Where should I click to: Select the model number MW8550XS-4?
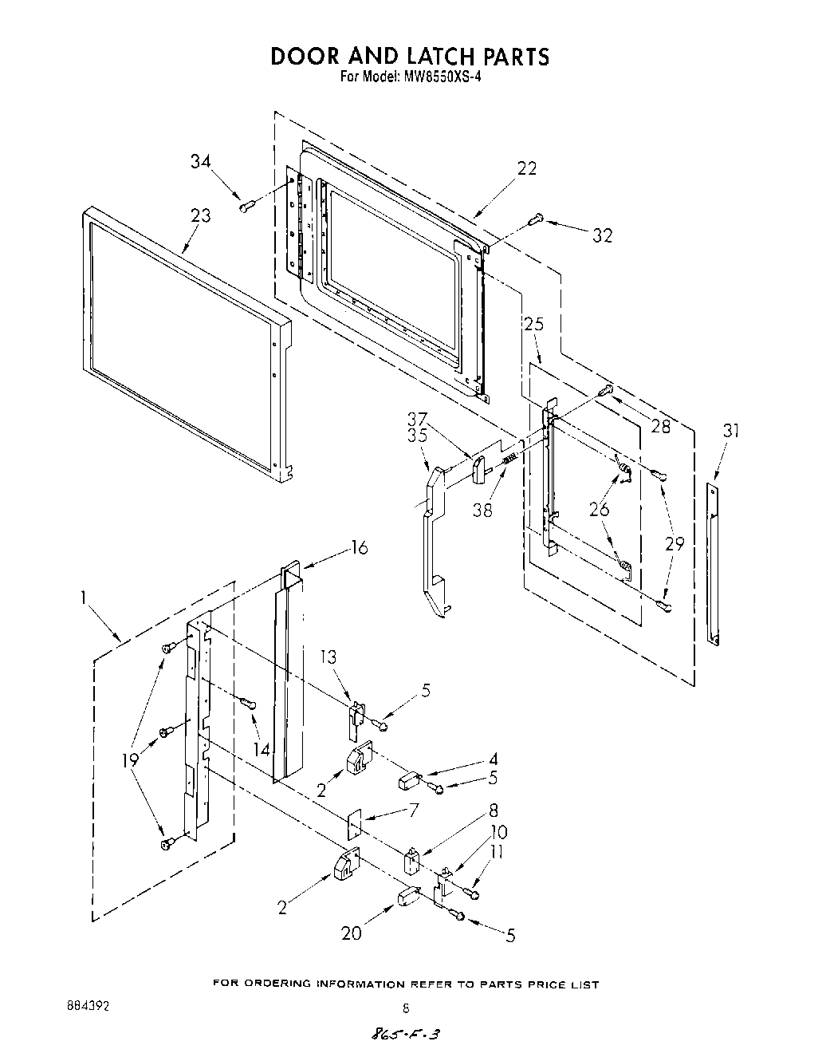coord(437,77)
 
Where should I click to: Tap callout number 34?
coord(201,161)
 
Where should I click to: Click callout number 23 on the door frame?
coord(200,215)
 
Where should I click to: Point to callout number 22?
coord(526,168)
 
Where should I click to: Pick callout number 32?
coord(603,235)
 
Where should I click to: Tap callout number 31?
coord(731,431)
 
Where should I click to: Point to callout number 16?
coord(360,548)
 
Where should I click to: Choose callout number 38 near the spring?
coord(482,511)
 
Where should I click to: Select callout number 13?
coord(328,657)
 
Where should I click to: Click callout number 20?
coord(352,934)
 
